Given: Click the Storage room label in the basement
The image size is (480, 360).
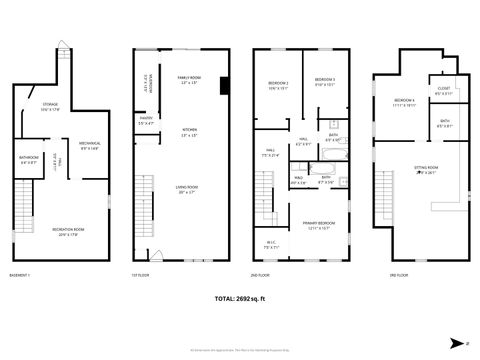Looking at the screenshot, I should [50, 107].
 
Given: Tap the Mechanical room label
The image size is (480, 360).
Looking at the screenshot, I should [90, 145].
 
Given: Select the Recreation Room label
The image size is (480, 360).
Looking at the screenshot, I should [69, 232].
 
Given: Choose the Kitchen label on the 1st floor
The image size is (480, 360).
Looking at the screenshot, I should [189, 133].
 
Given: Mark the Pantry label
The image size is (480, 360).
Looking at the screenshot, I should [145, 120].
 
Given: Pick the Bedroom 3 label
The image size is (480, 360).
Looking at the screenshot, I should [323, 82].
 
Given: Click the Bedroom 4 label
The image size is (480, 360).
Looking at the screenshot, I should [404, 102].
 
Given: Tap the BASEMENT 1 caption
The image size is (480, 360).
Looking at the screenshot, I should [20, 274].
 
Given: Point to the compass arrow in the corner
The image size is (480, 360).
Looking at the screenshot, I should [455, 340].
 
